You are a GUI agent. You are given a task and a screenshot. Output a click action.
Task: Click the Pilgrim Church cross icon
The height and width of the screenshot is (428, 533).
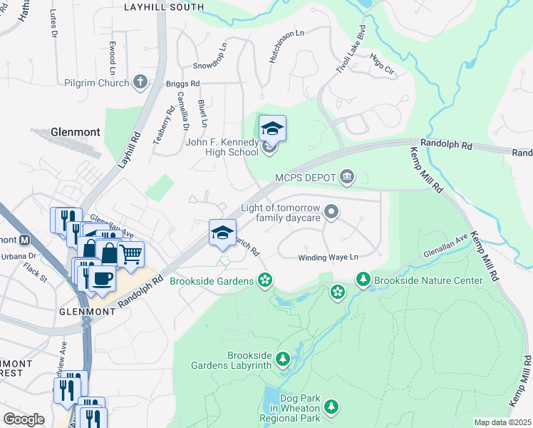pyautogui.click(x=140, y=83)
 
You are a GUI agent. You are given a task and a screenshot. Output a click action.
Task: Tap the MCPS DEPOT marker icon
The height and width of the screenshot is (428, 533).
pyautogui.click(x=347, y=177)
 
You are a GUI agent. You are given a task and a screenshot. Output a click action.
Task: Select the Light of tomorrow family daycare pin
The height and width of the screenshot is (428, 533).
pyautogui.click(x=331, y=211)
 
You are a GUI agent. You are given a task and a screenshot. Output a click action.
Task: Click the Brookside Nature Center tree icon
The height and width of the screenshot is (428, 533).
pyautogui.click(x=363, y=280)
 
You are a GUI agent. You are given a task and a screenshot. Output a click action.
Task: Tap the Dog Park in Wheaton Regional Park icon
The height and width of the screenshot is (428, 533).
pyautogui.click(x=331, y=407)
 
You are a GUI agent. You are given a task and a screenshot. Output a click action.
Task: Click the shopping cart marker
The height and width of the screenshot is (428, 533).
pyautogui.click(x=130, y=253)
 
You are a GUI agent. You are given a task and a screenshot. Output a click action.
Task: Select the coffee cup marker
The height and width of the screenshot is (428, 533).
pyautogui.click(x=103, y=277)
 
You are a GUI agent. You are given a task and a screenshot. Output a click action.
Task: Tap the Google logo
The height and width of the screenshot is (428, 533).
pyautogui.click(x=24, y=419)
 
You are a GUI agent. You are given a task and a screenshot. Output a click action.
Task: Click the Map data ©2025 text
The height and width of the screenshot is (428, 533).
pyautogui.click(x=502, y=422)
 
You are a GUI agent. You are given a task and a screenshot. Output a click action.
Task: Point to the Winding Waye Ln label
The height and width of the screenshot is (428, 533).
pyautogui.click(x=327, y=258)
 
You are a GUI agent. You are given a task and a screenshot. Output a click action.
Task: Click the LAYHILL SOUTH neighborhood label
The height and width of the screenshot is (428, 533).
pyautogui.click(x=163, y=7)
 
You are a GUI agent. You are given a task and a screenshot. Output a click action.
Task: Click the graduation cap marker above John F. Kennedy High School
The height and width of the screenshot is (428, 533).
pyautogui.click(x=272, y=128)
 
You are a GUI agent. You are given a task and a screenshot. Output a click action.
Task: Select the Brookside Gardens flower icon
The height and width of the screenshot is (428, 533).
pyautogui.click(x=265, y=280)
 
